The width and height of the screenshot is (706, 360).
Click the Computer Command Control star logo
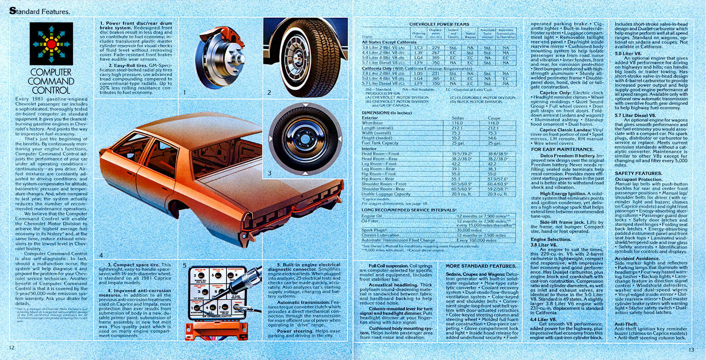click(x=51, y=44)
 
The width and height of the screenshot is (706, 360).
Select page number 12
click(x=12, y=348)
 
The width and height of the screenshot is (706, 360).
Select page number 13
click(x=691, y=350)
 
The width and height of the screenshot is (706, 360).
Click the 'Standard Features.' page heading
click(x=40, y=11)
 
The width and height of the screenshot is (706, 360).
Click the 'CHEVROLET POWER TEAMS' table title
click(x=439, y=24)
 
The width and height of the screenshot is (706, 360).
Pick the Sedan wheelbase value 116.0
click(x=457, y=123)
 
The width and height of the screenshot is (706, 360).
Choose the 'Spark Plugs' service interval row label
click(x=374, y=230)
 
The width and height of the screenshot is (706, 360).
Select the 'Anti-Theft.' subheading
click(x=625, y=324)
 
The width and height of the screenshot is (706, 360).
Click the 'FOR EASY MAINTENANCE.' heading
click(x=562, y=149)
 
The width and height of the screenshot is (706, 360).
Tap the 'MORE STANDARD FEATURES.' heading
click(x=481, y=266)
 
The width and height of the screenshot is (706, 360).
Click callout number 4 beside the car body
click(x=101, y=255)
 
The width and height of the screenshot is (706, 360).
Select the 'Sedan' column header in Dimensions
click(x=457, y=118)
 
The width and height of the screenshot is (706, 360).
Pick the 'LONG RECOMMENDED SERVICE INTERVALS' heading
click(x=409, y=210)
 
